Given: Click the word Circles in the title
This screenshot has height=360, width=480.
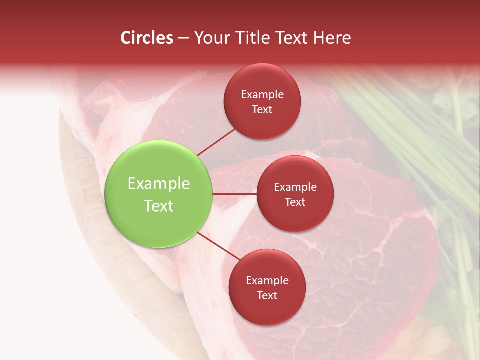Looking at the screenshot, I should pos(147,38).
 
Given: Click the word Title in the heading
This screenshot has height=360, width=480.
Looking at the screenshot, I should pos(250,38).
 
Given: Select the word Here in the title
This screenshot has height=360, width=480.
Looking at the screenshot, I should pos(332,38).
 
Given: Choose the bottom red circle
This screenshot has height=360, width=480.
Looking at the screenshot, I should pos(267,310).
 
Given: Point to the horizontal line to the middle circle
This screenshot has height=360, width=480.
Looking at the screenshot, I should pos(235,194).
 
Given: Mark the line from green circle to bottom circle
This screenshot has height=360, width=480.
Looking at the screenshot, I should pos(218,248).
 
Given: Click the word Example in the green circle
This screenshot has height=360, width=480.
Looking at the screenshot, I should pos(159,184).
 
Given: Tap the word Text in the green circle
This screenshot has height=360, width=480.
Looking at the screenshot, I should pos(159,206).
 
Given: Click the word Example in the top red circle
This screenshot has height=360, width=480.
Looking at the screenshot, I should pos(262,95).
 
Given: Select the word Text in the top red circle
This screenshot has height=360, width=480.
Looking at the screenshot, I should pos(262,110).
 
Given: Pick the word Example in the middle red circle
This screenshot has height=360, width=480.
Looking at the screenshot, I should pos(295,187).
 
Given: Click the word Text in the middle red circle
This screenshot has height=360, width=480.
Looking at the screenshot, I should pos(295,202).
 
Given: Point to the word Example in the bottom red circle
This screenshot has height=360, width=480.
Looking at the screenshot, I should pos(267,281).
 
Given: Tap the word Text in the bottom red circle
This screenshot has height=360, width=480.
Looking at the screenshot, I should pos(267,296).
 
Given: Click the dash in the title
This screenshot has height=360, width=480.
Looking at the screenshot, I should pos(183,38).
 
